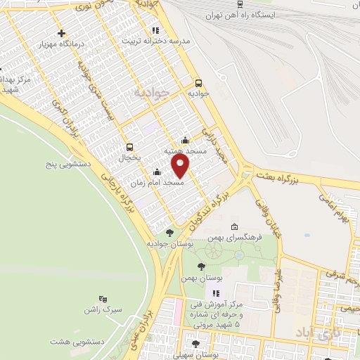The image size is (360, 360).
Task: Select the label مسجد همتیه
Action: tap(185, 150)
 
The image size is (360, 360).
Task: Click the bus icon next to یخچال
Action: tap(129, 147)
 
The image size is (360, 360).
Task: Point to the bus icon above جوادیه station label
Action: tap(198, 82)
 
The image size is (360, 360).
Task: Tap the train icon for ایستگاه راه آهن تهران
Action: tap(239, 4)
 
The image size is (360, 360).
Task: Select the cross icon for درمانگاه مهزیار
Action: tap(62, 33)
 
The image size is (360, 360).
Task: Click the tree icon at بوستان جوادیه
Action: tap(169, 232)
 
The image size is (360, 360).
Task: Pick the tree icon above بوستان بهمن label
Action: tap(202, 266)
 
